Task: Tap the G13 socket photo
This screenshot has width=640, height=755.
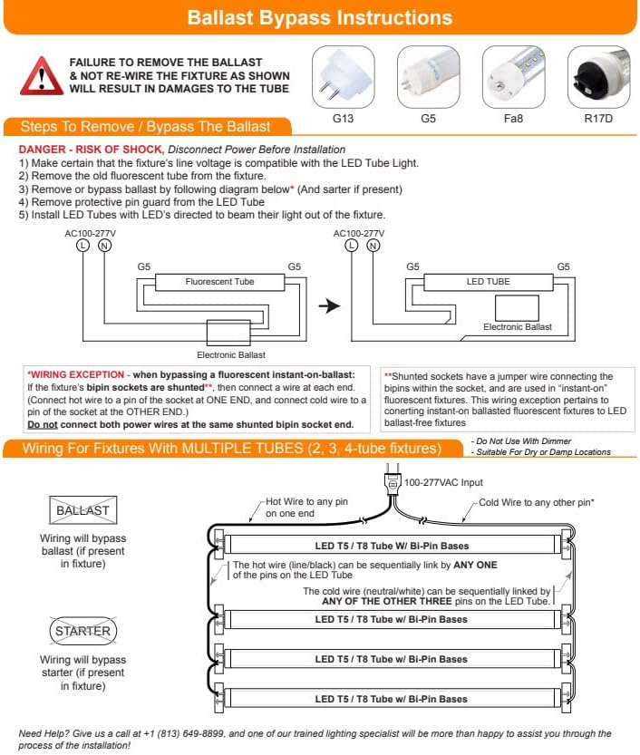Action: pyautogui.click(x=343, y=77)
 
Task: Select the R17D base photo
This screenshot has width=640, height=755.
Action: pyautogui.click(x=598, y=77)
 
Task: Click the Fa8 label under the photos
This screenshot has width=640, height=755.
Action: pyautogui.click(x=513, y=119)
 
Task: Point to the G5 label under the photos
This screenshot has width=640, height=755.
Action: pyautogui.click(x=428, y=119)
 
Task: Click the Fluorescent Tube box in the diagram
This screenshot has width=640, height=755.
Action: pyautogui.click(x=219, y=282)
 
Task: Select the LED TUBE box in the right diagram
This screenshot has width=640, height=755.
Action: pyautogui.click(x=488, y=282)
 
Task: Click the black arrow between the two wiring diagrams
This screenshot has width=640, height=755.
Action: pyautogui.click(x=331, y=306)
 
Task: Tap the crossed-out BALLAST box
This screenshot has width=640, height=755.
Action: pyautogui.click(x=82, y=510)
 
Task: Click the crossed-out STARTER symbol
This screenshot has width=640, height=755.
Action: pyautogui.click(x=82, y=631)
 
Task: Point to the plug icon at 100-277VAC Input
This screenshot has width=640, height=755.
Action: pyautogui.click(x=392, y=482)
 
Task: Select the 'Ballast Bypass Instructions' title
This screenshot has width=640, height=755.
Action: pyautogui.click(x=320, y=18)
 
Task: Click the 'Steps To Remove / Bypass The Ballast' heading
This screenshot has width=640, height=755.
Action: pyautogui.click(x=145, y=127)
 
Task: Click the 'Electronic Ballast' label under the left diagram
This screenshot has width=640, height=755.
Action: pyautogui.click(x=231, y=354)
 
